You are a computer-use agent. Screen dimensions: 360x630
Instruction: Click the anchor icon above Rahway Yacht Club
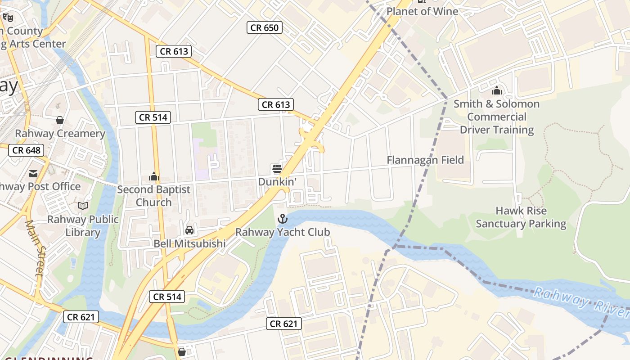pyautogui.click(x=282, y=219)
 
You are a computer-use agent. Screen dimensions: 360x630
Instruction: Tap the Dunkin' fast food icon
pyautogui.click(x=277, y=169)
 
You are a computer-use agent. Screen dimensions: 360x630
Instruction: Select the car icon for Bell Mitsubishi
pyautogui.click(x=189, y=230)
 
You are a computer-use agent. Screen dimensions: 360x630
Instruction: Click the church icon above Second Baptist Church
pyautogui.click(x=154, y=176)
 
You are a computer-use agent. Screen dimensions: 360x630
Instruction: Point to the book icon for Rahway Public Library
pyautogui.click(x=83, y=206)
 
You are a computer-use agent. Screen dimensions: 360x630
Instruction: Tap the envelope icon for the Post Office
pyautogui.click(x=33, y=173)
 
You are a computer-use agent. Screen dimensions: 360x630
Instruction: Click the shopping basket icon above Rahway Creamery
pyautogui.click(x=59, y=120)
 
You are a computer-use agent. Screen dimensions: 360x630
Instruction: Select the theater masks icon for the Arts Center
pyautogui.click(x=8, y=18)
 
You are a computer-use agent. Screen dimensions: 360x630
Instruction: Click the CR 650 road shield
pyautogui.click(x=265, y=28)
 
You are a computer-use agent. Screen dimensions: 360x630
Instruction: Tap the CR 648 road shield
pyautogui.click(x=26, y=150)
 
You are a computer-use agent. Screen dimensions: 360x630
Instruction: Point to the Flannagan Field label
pyautogui.click(x=425, y=160)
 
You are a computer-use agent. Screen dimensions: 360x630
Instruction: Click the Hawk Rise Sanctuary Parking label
pyautogui.click(x=521, y=217)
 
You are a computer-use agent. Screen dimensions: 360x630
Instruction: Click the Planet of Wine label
pyautogui.click(x=422, y=12)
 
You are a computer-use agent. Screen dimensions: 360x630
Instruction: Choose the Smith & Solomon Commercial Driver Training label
pyautogui.click(x=496, y=117)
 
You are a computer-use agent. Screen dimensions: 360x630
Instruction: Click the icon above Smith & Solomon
pyautogui.click(x=497, y=91)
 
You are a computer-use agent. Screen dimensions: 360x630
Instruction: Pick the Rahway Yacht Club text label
pyautogui.click(x=283, y=232)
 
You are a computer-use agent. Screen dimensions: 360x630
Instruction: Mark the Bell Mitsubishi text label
pyautogui.click(x=189, y=243)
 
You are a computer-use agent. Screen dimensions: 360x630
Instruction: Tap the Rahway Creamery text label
pyautogui.click(x=60, y=134)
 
